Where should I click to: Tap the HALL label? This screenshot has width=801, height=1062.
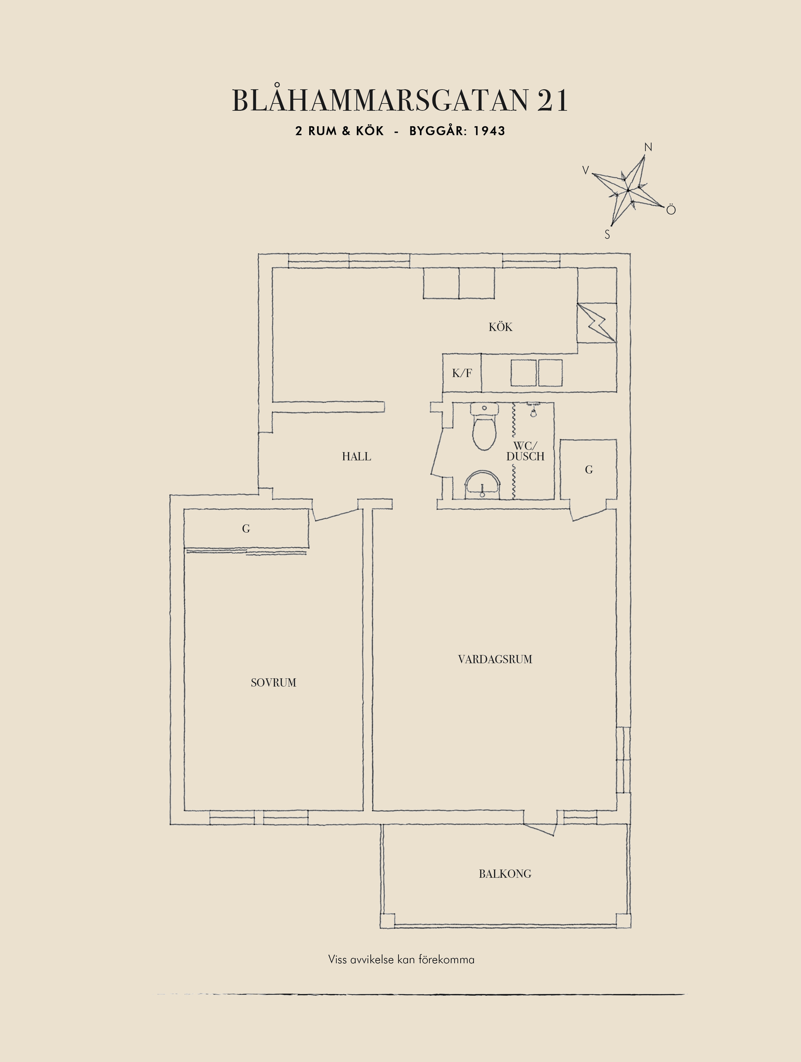coord(356,457)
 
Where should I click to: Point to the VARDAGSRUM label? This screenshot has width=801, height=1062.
coord(495,659)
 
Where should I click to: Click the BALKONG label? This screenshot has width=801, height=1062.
coord(505,874)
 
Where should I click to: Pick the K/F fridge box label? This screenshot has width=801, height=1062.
coord(462,373)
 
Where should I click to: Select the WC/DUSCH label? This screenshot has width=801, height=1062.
coord(526,451)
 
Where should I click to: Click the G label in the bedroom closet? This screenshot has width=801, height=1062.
coord(246,528)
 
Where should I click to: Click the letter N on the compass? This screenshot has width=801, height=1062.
coord(648,147)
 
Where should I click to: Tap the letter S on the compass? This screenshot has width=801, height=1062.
coord(607,235)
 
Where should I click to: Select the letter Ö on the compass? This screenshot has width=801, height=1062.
coord(671,209)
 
